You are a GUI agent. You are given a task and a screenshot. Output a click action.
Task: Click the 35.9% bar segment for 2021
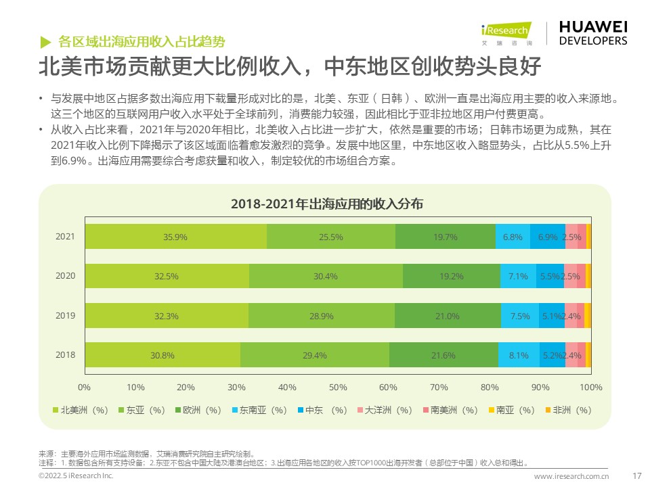click(x=175, y=237)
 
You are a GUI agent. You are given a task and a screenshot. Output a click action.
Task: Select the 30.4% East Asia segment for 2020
click(x=326, y=276)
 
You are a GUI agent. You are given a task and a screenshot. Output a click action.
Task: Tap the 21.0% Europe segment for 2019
click(x=448, y=316)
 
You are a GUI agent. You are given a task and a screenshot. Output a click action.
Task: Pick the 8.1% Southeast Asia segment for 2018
click(x=519, y=355)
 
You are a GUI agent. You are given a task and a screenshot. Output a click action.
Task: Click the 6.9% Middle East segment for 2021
click(x=548, y=237)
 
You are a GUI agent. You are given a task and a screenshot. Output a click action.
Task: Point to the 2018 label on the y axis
click(x=66, y=355)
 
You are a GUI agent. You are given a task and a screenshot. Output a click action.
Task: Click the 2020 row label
click(x=66, y=276)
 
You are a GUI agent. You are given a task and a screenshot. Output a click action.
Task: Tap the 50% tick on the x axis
click(x=338, y=387)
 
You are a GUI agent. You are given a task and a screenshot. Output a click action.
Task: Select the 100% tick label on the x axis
click(x=590, y=387)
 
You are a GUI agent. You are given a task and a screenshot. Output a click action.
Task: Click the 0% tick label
click(x=85, y=387)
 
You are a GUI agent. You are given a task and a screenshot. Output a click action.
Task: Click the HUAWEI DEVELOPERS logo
click(x=592, y=32)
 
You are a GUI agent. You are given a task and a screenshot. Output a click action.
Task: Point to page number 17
click(x=636, y=476)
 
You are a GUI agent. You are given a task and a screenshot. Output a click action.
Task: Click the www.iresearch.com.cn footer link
click(x=571, y=476)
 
